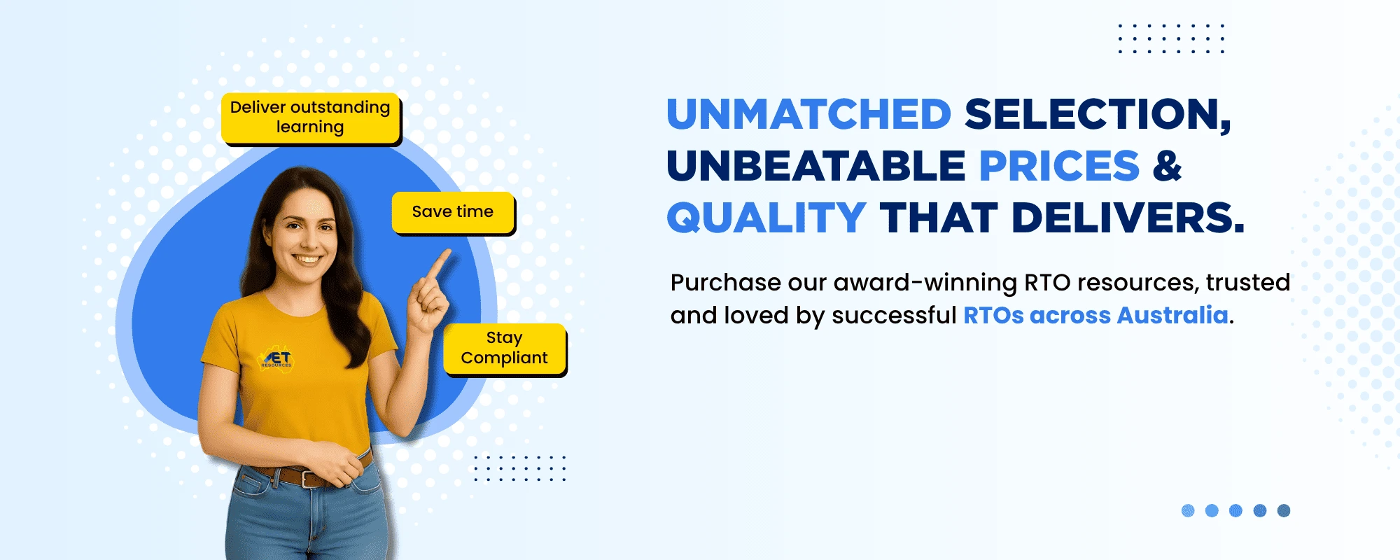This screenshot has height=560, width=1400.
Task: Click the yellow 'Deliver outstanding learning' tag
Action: pyautogui.click(x=311, y=118)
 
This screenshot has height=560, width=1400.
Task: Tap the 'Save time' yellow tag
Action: pyautogui.click(x=453, y=212)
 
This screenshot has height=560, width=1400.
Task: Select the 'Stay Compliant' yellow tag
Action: pyautogui.click(x=504, y=349)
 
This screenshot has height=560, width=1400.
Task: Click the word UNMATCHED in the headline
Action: pyautogui.click(x=808, y=114)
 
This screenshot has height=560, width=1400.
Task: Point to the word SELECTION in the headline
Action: pyautogui.click(x=1098, y=115)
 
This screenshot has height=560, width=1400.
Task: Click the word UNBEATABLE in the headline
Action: pyautogui.click(x=816, y=166)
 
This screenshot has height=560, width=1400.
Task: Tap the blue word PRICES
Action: pyautogui.click(x=1059, y=166)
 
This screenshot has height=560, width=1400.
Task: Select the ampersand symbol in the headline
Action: pyautogui.click(x=1167, y=166)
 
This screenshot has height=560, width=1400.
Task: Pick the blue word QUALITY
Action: pyautogui.click(x=766, y=218)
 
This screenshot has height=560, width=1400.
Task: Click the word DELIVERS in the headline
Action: pyautogui.click(x=1128, y=218)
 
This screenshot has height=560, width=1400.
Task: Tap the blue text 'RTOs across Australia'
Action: pyautogui.click(x=1096, y=315)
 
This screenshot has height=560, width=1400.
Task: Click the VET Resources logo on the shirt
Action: pyautogui.click(x=277, y=358)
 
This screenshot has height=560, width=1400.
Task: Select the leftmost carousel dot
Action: pyautogui.click(x=1188, y=510)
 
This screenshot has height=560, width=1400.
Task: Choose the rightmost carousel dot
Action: pyautogui.click(x=1284, y=510)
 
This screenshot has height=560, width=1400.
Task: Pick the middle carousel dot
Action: pyautogui.click(x=1236, y=510)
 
